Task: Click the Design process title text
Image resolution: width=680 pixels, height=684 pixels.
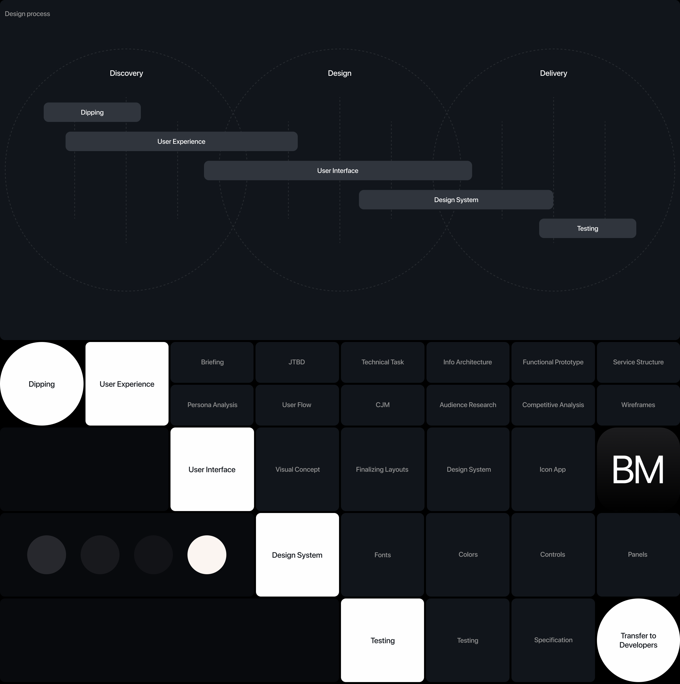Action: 27,14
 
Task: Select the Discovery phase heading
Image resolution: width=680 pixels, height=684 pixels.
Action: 126,73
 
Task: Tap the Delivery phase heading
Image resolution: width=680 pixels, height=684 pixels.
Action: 553,73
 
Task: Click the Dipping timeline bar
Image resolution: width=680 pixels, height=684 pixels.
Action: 92,112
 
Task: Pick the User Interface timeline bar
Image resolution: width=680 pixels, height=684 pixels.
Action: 338,171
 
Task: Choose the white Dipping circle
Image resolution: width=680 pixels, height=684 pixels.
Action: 42,384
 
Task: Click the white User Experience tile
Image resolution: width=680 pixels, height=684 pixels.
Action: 127,384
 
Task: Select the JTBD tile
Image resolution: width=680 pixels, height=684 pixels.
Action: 297,362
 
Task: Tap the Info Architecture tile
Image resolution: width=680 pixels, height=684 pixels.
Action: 467,362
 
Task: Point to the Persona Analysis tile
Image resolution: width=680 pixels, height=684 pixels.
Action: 212,405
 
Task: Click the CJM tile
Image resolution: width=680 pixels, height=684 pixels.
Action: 382,405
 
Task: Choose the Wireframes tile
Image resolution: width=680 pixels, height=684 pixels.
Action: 638,405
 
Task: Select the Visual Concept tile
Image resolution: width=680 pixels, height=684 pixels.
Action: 297,470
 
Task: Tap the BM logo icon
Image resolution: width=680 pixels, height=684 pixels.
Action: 638,470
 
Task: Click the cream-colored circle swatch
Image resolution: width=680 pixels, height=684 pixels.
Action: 207,555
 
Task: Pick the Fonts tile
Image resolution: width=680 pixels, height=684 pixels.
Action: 382,555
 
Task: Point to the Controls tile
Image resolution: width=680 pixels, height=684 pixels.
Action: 552,555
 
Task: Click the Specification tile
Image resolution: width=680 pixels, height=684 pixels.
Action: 553,640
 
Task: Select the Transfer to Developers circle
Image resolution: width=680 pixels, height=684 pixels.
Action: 638,640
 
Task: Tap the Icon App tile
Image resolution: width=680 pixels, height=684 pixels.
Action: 552,470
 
